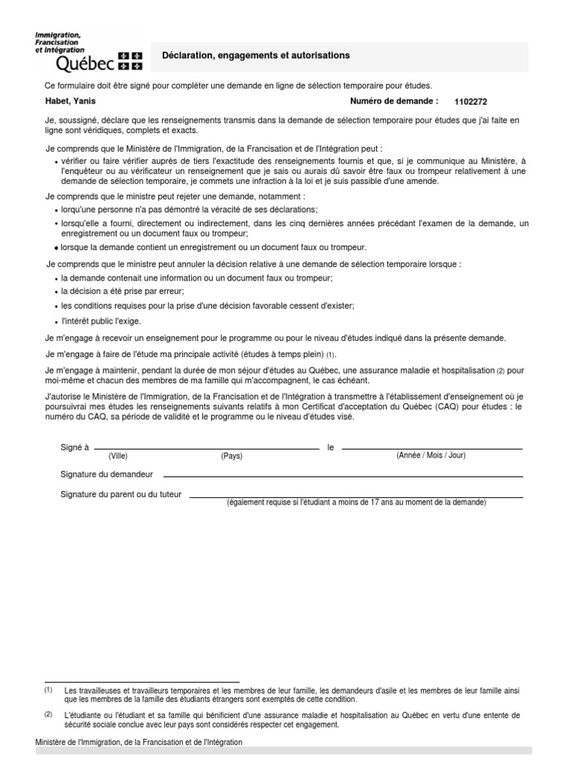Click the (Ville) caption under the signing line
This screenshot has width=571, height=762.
[118, 456]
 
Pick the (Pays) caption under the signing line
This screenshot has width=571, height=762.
[231, 456]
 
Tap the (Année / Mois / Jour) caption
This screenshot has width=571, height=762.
[431, 455]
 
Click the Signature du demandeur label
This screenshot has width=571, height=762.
[106, 474]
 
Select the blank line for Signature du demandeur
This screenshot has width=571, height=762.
[342, 475]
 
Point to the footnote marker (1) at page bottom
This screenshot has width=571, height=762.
[48, 691]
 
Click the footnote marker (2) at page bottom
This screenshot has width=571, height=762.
[48, 714]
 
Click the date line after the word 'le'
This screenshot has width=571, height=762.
[431, 448]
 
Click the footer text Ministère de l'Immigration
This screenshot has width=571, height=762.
[138, 743]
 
